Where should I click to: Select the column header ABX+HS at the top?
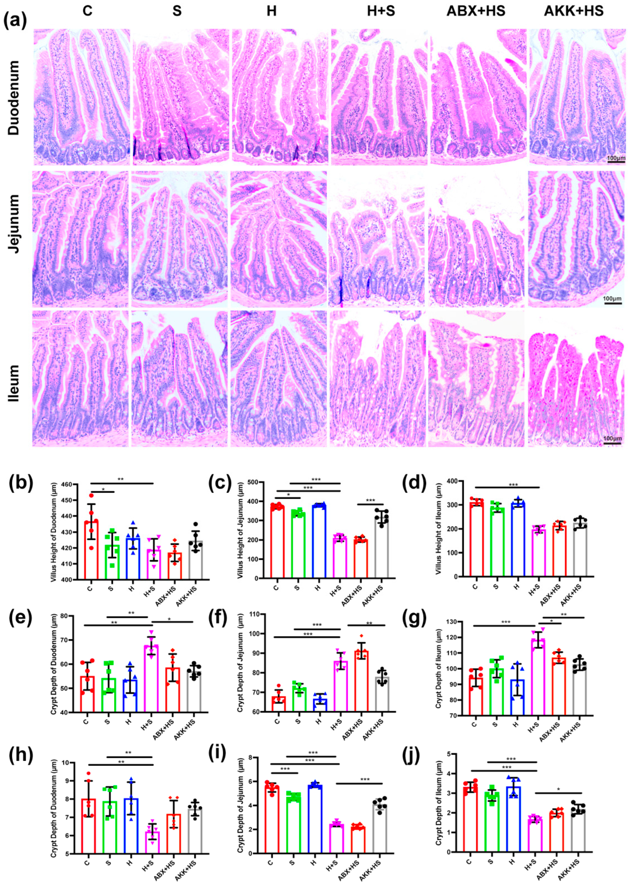[x=476, y=11]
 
